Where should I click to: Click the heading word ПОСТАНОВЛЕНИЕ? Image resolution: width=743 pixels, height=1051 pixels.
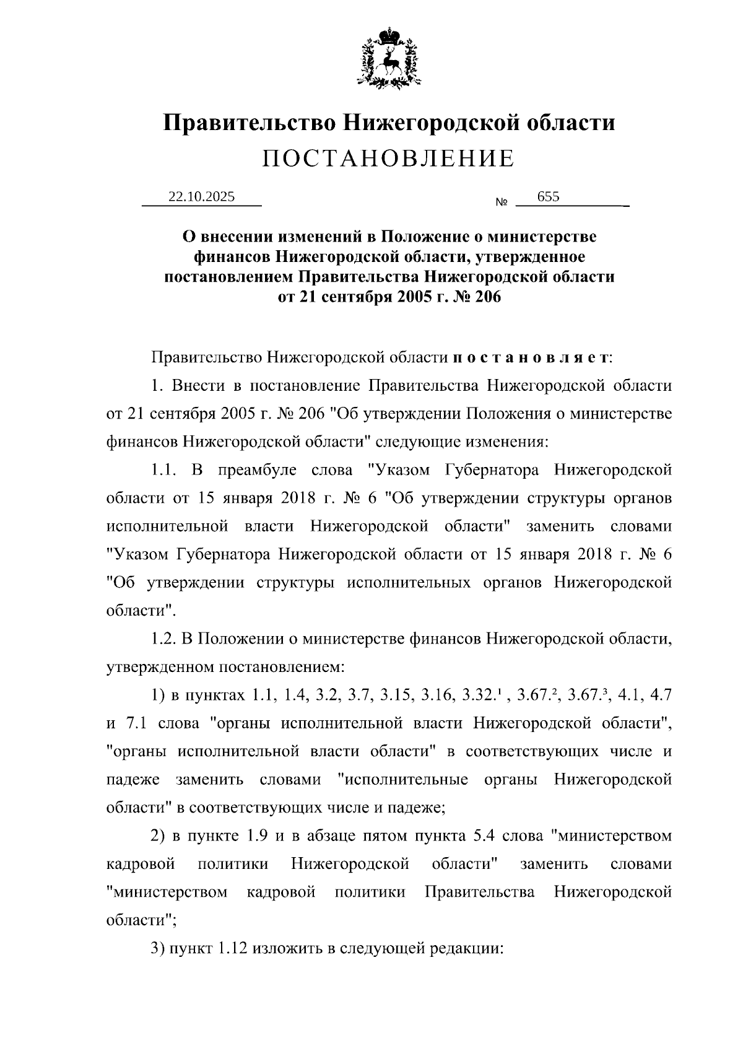tap(388, 159)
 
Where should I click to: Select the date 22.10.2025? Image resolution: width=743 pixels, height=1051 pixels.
tap(202, 197)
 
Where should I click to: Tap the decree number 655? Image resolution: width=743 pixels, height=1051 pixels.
tap(549, 197)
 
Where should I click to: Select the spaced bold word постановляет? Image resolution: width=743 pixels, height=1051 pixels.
tap(531, 357)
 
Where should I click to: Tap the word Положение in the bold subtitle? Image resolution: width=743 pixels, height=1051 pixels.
tap(421, 237)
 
